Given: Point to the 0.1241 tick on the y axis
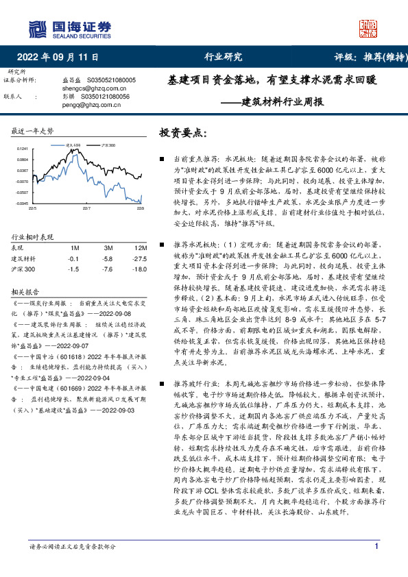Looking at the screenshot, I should [23, 149].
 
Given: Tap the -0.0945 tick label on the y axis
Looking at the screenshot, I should [23, 204].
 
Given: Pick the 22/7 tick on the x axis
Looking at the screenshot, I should [86, 208].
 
